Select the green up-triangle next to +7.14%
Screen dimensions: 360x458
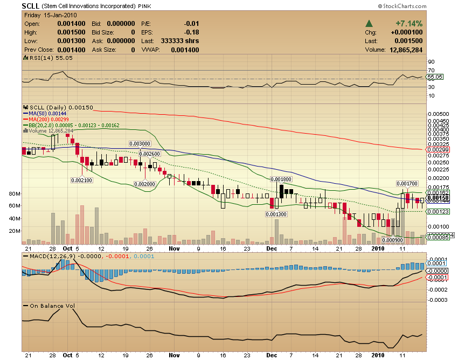click(370, 24)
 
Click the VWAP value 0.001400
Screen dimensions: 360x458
click(185, 50)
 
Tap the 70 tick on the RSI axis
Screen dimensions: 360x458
click(431, 70)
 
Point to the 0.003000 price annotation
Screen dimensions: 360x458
click(139, 143)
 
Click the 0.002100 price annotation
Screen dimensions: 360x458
click(81, 181)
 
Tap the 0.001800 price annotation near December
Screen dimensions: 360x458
click(280, 179)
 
